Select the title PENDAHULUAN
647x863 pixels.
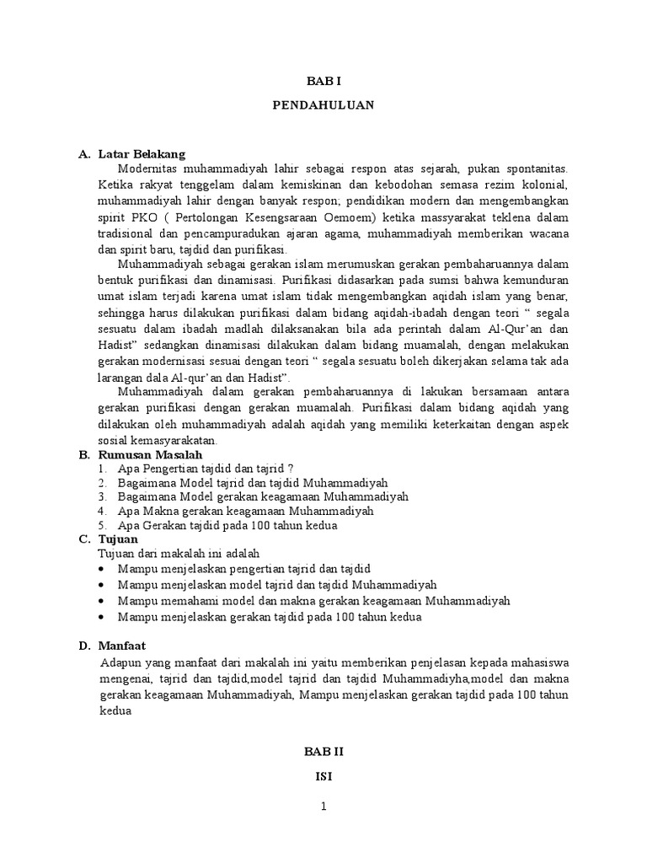(323, 106)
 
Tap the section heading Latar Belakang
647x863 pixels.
(141, 154)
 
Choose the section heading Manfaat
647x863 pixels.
(122, 646)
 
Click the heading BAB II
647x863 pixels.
(323, 749)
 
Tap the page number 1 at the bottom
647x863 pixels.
(323, 807)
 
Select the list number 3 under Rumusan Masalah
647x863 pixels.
(101, 497)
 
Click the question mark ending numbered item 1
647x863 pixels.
(291, 469)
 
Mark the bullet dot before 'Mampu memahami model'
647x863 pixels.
(101, 601)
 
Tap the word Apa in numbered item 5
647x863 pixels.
(127, 525)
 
